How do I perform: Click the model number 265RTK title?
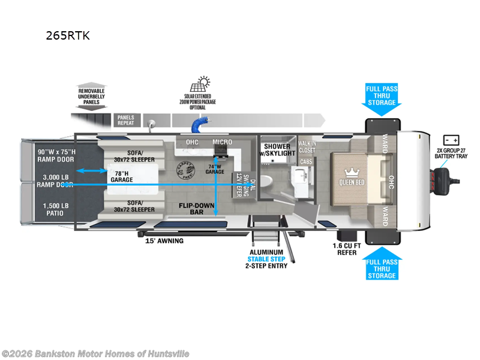coord(68,35)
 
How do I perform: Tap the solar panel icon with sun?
coord(202,83)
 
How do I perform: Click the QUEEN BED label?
coord(352,182)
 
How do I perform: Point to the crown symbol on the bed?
coord(352,170)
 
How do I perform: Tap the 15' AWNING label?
coord(164,241)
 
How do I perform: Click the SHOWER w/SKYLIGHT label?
coord(278,150)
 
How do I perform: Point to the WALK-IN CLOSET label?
coord(307,146)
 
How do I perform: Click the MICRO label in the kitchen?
coord(222,142)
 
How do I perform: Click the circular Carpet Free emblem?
coord(186,171)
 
